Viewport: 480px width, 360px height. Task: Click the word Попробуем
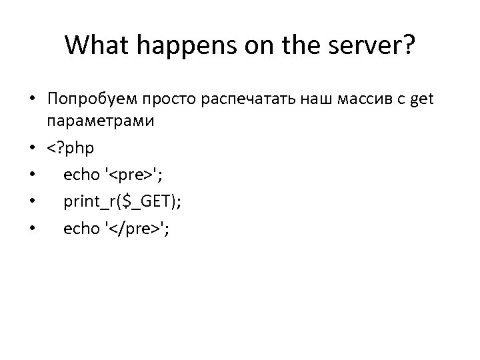point(90,99)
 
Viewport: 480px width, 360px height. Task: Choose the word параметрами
point(100,122)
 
